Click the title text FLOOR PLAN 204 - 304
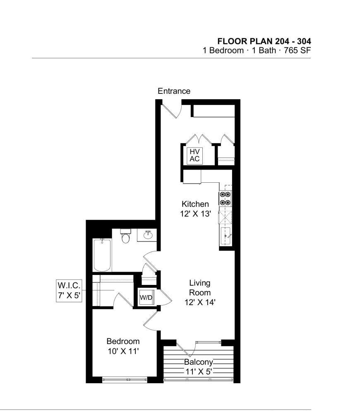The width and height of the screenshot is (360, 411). (264, 41)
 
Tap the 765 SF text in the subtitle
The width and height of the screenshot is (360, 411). (298, 50)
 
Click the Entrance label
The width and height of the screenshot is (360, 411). (174, 91)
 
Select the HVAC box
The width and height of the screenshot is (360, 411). (195, 155)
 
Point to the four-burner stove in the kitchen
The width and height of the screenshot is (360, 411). (226, 198)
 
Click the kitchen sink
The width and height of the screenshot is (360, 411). (226, 236)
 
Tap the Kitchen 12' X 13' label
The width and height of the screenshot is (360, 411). (195, 209)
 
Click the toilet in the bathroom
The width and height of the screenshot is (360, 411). (126, 236)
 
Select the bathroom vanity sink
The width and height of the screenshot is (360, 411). (149, 234)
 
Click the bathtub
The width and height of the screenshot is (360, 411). (102, 255)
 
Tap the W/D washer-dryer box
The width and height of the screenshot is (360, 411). (146, 297)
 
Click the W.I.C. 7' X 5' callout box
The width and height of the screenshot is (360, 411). (69, 291)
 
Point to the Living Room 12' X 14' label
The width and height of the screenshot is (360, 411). (200, 292)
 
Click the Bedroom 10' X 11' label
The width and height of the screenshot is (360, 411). (123, 346)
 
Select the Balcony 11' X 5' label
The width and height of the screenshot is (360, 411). (199, 367)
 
